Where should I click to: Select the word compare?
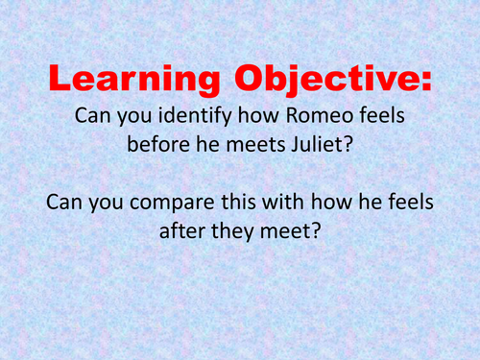pos(174,204)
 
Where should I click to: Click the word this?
pos(244,204)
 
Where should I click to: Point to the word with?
pos(290,204)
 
